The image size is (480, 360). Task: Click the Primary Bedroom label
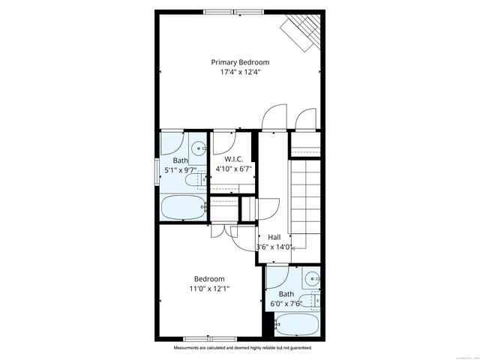(240, 62)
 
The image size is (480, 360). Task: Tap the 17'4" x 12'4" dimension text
(240, 73)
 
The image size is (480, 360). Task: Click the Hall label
(274, 237)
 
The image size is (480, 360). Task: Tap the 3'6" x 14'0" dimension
(274, 247)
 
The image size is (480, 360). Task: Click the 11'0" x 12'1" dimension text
(210, 288)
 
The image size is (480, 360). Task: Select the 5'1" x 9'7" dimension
(181, 170)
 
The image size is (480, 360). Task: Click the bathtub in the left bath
(182, 207)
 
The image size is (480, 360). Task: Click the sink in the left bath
(199, 148)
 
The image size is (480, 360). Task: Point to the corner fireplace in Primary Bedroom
(302, 30)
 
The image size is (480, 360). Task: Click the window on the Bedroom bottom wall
(207, 339)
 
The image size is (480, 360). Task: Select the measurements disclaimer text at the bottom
(243, 349)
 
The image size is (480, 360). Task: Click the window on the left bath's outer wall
(157, 166)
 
